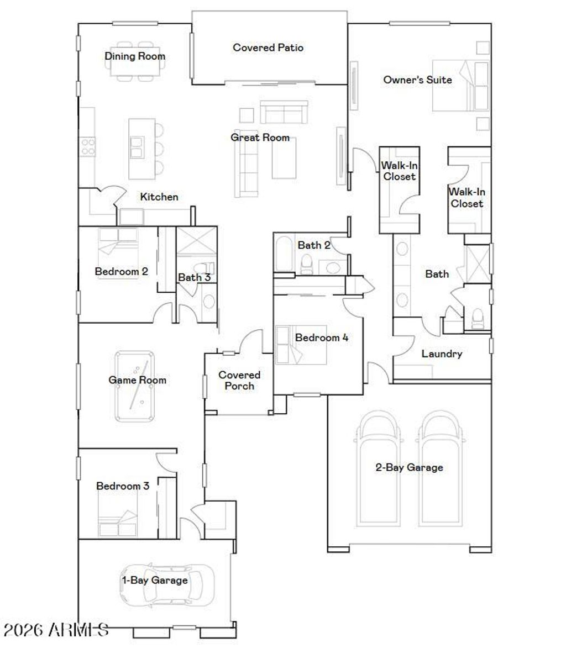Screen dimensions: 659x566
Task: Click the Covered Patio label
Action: click(x=268, y=48)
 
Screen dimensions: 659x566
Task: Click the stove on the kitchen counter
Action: click(x=88, y=146)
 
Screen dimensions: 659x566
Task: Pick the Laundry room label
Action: click(x=442, y=354)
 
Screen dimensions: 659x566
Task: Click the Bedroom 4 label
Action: click(x=321, y=338)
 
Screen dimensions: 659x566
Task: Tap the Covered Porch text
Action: click(x=239, y=381)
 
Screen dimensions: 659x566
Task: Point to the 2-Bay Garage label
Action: click(x=409, y=467)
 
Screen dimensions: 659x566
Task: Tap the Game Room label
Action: click(x=137, y=380)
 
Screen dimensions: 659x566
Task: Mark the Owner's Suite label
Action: click(x=417, y=80)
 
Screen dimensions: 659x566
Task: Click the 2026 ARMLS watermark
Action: click(x=55, y=630)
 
